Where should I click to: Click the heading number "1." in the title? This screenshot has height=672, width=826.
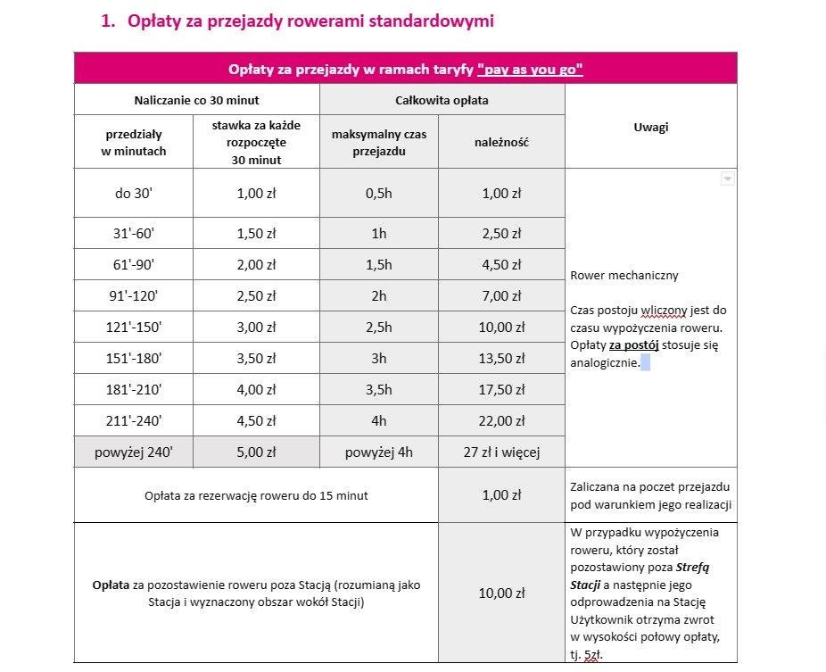[108, 21]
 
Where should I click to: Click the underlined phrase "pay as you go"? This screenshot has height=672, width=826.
[530, 69]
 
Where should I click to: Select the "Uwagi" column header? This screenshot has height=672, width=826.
[651, 127]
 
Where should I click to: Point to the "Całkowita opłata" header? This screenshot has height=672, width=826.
[442, 100]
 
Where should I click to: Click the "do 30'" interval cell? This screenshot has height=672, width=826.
[134, 193]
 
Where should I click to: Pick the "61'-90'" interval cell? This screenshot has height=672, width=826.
[134, 265]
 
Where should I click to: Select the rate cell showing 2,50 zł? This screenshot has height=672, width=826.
[256, 296]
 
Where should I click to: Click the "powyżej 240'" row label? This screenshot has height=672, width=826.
[134, 452]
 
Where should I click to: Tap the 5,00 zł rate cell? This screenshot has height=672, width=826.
[256, 452]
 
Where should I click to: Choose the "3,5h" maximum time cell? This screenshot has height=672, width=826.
[379, 389]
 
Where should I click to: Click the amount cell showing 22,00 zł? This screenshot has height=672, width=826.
[501, 420]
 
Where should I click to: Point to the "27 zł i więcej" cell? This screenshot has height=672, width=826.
[501, 452]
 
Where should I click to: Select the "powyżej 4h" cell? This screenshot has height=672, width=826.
[379, 452]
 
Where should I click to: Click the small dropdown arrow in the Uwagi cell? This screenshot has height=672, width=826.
[727, 178]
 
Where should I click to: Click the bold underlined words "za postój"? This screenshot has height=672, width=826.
[634, 345]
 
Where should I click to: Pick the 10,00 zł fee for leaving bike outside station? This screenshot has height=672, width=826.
[501, 593]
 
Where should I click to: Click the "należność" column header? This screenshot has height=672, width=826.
[501, 142]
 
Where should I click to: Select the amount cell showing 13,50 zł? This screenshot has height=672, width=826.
[501, 359]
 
